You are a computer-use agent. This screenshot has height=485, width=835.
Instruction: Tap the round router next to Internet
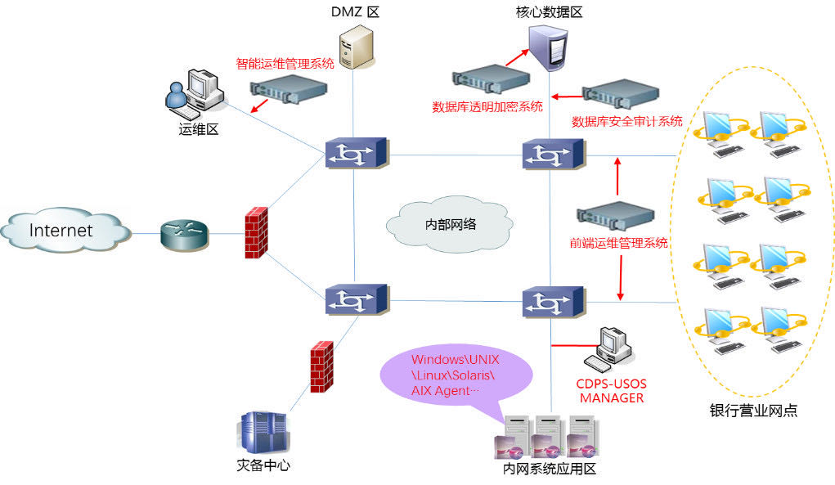pyautogui.click(x=183, y=232)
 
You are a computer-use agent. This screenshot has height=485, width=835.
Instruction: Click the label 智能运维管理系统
pyautogui.click(x=285, y=64)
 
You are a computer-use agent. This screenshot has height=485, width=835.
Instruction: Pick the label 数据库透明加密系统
pyautogui.click(x=487, y=106)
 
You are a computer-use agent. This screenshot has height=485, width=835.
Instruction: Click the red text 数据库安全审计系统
pyautogui.click(x=626, y=122)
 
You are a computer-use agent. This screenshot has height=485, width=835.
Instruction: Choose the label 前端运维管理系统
pyautogui.click(x=618, y=243)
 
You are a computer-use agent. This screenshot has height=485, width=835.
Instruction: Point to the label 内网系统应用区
pyautogui.click(x=550, y=468)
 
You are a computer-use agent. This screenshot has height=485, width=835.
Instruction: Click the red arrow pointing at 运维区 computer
pyautogui.click(x=259, y=107)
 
